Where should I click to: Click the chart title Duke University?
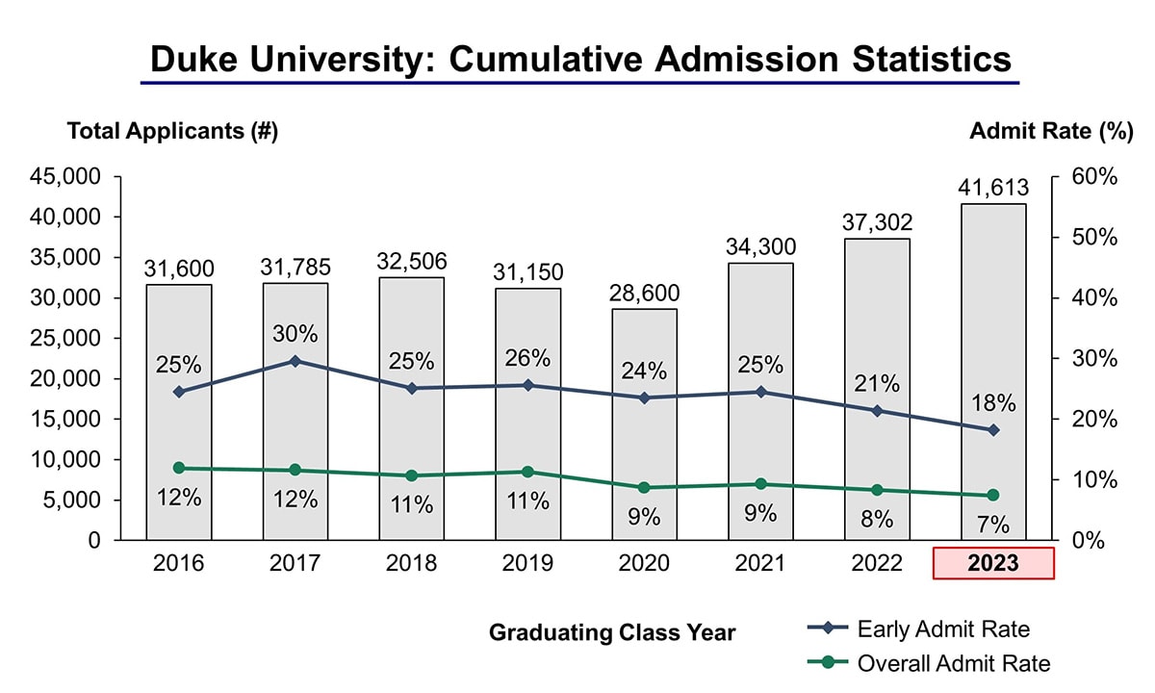[580, 60]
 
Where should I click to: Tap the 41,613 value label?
[993, 188]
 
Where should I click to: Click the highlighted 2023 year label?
[993, 563]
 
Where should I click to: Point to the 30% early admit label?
[295, 334]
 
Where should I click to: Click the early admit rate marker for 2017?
[295, 361]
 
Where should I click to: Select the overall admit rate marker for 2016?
[179, 468]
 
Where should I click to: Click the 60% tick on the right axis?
[1094, 177]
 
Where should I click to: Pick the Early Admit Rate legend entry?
[943, 629]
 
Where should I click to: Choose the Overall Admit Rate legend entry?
[953, 663]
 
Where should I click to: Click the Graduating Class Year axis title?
[612, 632]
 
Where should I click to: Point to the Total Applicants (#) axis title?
[172, 132]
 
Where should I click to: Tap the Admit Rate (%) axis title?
[1052, 132]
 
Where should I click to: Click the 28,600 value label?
[644, 293]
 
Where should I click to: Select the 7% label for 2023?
[993, 525]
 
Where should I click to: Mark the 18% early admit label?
[993, 402]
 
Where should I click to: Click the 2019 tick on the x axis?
[527, 563]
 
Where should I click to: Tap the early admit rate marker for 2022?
[877, 411]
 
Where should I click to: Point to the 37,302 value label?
[877, 222]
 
